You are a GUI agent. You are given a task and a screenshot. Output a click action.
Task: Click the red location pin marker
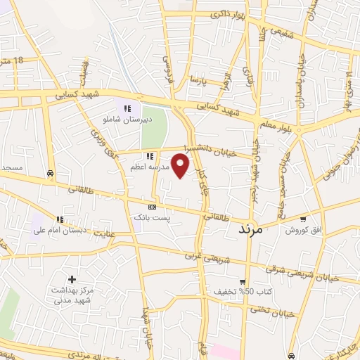pyautogui.click(x=181, y=165)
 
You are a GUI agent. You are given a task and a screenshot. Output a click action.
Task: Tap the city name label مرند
pyautogui.click(x=250, y=229)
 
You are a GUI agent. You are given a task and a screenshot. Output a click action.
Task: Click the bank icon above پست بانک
pyautogui.click(x=153, y=207)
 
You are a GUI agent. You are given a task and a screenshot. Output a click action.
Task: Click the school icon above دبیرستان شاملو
pyautogui.click(x=127, y=108)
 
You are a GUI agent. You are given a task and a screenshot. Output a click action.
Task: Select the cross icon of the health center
pyautogui.click(x=72, y=279)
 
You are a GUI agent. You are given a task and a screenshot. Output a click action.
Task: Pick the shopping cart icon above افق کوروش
pyautogui.click(x=303, y=219)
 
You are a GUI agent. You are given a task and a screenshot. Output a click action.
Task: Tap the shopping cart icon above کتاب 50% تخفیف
pyautogui.click(x=243, y=281)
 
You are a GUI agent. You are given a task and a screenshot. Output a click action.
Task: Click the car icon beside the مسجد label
pyautogui.click(x=50, y=172)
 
